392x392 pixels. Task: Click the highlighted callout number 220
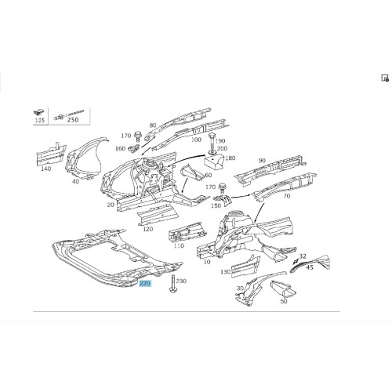[145, 283]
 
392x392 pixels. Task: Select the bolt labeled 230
[172, 284]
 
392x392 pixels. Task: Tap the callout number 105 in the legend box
[40, 120]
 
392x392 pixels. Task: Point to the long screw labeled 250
[68, 114]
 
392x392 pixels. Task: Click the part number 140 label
[46, 169]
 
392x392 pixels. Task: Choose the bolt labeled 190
[212, 141]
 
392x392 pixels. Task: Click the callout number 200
[222, 148]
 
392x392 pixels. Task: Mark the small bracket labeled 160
[134, 149]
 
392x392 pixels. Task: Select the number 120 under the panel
[148, 229]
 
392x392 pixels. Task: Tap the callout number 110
[179, 245]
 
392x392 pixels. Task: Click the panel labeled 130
[245, 267]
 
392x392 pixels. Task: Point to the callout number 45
[310, 267]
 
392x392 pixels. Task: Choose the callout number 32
[303, 256]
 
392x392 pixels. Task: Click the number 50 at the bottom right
[284, 301]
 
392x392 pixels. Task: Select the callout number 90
[262, 161]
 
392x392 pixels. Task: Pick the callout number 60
[209, 175]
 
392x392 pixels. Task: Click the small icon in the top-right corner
[385, 78]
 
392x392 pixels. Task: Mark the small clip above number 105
[39, 113]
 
